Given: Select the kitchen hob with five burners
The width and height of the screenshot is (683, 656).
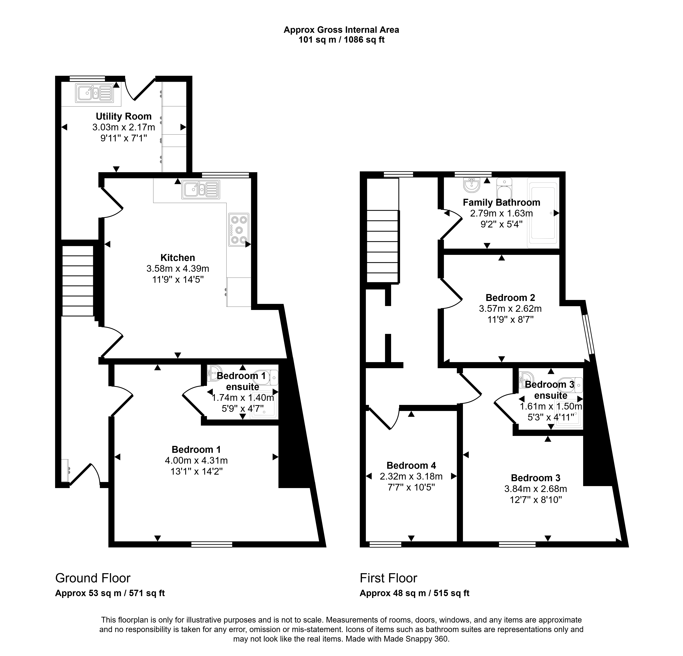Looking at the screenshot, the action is point(239,229).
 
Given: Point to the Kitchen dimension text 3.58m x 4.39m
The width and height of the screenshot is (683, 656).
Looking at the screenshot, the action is point(178,268).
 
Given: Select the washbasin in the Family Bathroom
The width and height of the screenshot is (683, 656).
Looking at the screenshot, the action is point(472,185).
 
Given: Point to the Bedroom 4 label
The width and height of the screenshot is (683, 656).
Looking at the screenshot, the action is point(411,465).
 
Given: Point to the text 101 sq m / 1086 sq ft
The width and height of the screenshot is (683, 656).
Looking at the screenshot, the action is point(341,40).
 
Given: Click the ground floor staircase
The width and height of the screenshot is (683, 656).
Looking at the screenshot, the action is point(78,281).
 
